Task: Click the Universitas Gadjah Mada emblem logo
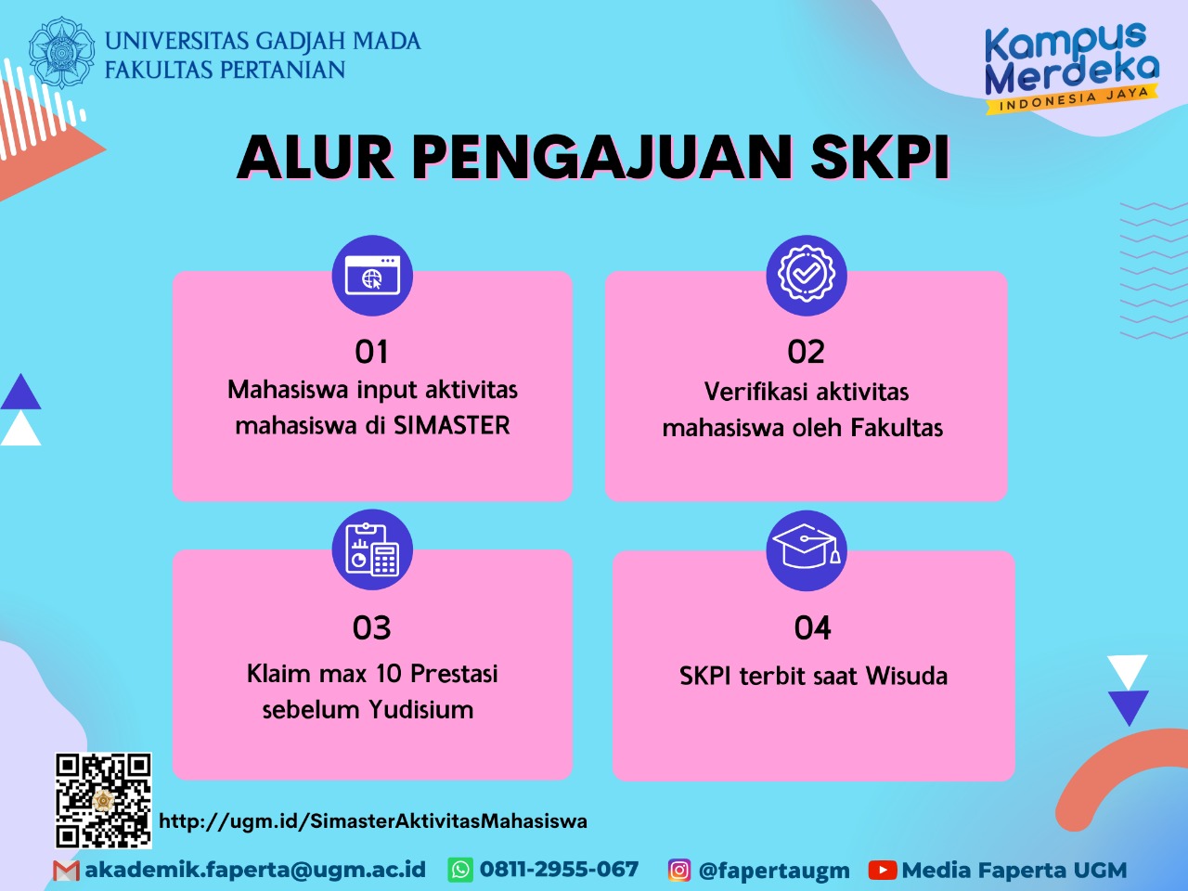coord(61,53)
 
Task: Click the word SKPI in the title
coord(880,157)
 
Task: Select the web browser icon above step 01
coord(372,276)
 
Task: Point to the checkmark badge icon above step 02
coord(806,275)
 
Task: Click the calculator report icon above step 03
coord(372,549)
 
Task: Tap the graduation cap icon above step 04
coord(806,549)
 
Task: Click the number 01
coord(371,352)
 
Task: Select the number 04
coord(812,628)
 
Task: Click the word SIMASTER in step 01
coord(452,426)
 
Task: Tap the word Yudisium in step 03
coord(420,710)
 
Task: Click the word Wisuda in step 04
coord(907,676)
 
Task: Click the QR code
coord(103,800)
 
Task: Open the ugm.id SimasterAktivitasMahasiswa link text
coord(373,821)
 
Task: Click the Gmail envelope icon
coord(66,871)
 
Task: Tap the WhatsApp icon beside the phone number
coord(460,870)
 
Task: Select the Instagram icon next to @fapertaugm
coord(679,871)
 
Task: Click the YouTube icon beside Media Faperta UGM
coord(882,871)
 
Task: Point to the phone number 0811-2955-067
coord(559,870)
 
